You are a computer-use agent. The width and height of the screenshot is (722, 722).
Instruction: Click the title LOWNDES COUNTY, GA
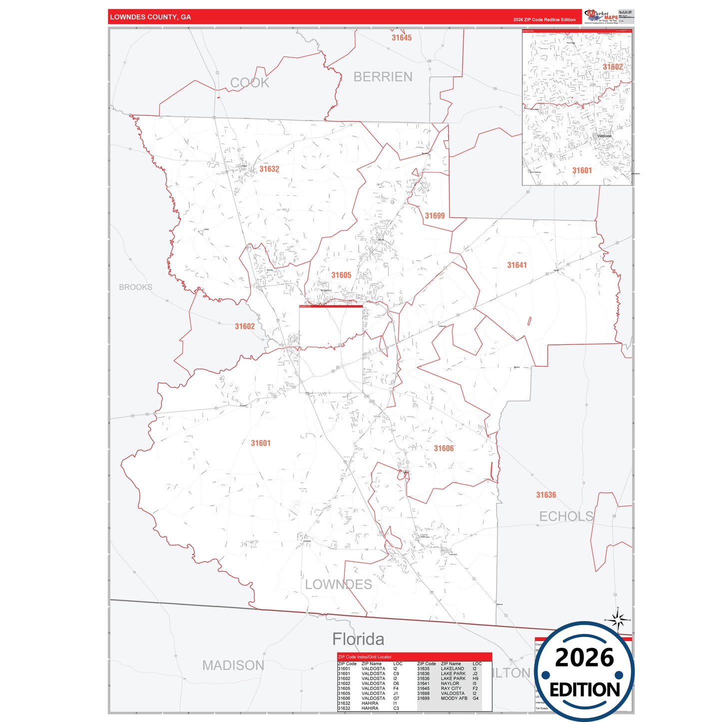pyautogui.click(x=150, y=17)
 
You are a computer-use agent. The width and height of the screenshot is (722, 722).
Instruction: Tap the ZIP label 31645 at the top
pyautogui.click(x=401, y=38)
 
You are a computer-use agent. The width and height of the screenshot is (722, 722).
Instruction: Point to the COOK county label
pyautogui.click(x=249, y=83)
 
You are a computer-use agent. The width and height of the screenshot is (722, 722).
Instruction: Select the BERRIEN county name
pyautogui.click(x=383, y=77)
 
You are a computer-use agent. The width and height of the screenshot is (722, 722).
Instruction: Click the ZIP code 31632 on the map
pyautogui.click(x=269, y=169)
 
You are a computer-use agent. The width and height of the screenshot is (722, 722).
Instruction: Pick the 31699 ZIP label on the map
pyautogui.click(x=435, y=216)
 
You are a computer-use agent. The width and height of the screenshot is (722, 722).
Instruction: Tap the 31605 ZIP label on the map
pyautogui.click(x=341, y=275)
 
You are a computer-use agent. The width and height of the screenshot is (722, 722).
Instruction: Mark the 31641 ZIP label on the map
pyautogui.click(x=517, y=265)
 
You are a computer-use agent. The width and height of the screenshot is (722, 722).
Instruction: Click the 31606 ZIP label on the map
pyautogui.click(x=444, y=449)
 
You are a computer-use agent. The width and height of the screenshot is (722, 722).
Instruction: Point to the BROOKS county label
pyautogui.click(x=135, y=287)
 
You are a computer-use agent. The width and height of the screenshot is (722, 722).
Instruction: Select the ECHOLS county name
pyautogui.click(x=566, y=517)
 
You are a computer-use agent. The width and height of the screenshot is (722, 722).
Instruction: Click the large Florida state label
pyautogui.click(x=358, y=639)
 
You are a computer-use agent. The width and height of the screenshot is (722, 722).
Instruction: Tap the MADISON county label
pyautogui.click(x=233, y=666)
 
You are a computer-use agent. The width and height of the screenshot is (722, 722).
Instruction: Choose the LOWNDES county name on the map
pyautogui.click(x=338, y=585)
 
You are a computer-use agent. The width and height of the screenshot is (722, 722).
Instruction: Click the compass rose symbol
pyautogui.click(x=618, y=621)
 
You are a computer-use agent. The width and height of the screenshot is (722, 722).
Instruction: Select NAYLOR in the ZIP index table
pyautogui.click(x=450, y=684)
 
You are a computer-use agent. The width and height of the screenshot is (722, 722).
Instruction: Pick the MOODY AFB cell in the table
pyautogui.click(x=454, y=699)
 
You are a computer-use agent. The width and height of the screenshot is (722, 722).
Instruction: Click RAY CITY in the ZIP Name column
pyautogui.click(x=451, y=689)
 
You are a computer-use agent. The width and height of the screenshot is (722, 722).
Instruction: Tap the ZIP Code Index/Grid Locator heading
pyautogui.click(x=365, y=657)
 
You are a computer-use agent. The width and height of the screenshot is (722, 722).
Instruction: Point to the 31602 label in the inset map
pyautogui.click(x=613, y=67)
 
